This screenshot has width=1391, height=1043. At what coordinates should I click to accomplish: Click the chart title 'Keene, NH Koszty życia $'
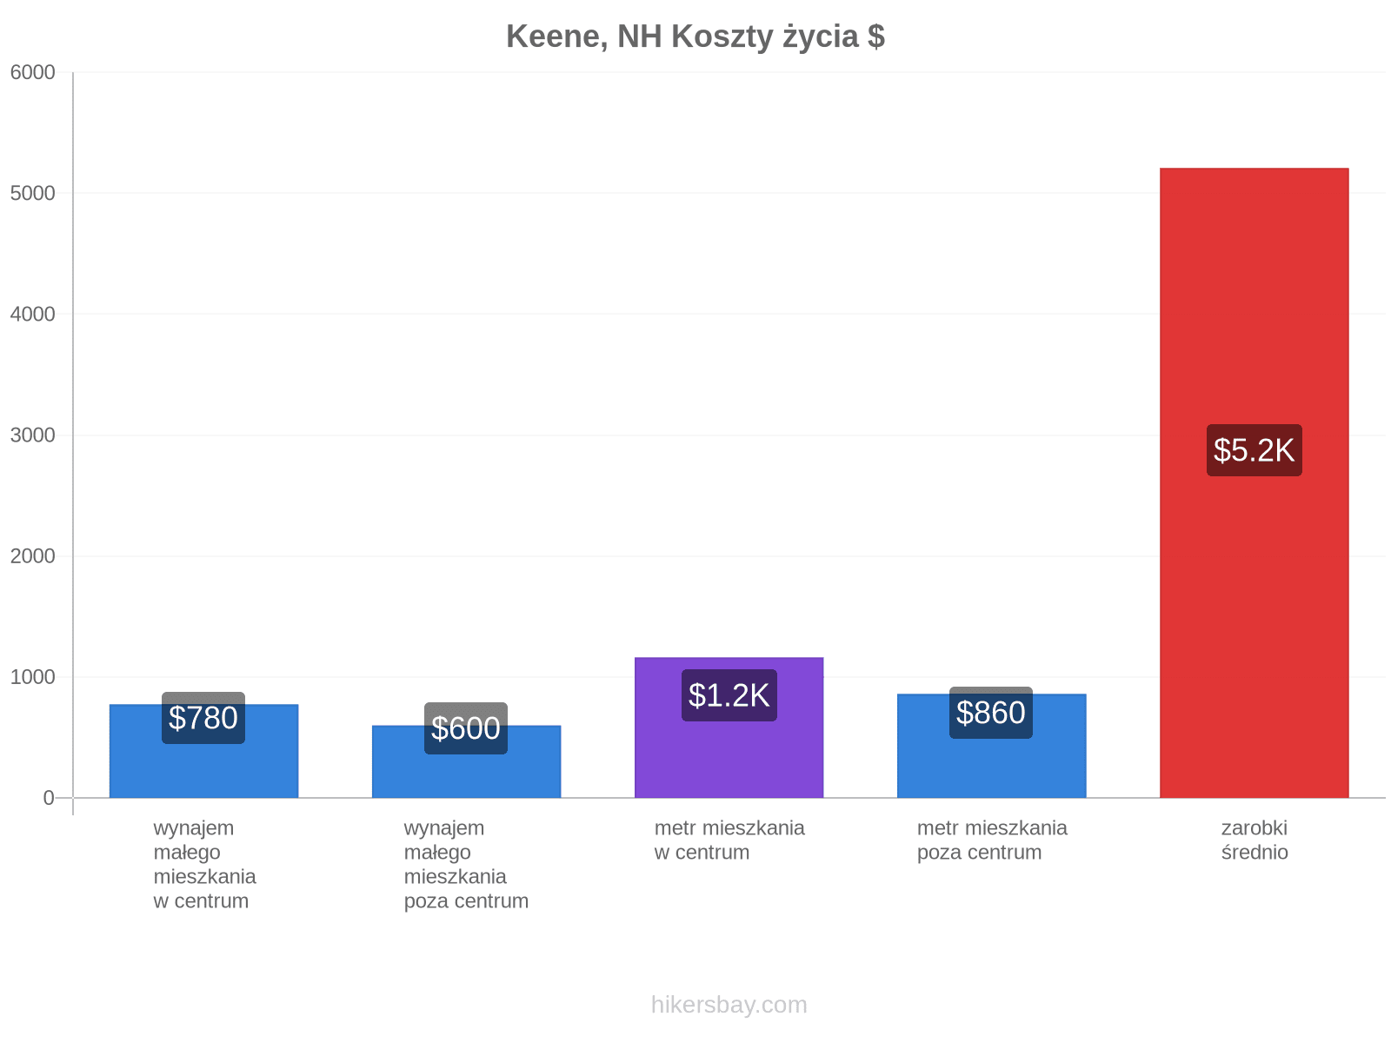pos(695,37)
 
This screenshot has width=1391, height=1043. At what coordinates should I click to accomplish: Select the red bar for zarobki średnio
pos(1254,482)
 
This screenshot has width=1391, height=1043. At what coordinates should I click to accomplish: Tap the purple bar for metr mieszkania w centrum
pos(729,727)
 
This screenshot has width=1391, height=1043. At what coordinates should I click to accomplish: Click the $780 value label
pos(203,718)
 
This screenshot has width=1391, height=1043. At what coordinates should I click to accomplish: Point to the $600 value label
pos(466,728)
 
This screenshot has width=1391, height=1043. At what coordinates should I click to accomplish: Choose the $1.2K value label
pos(729,695)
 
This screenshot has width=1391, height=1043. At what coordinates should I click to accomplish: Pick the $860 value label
pos(990,713)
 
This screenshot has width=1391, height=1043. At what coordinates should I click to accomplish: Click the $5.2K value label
pos(1254,450)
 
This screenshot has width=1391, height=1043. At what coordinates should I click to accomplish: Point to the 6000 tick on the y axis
pos(32,72)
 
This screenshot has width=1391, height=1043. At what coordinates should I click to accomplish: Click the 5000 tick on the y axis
pos(32,193)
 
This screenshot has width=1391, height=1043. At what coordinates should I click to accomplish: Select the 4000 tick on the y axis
pos(32,314)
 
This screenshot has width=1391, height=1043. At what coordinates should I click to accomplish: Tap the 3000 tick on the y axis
pos(32,435)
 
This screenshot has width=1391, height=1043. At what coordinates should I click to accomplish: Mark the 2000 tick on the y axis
pos(32,556)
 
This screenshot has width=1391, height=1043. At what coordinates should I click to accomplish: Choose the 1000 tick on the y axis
pos(32,677)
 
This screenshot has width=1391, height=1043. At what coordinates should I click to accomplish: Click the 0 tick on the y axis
pos(49,798)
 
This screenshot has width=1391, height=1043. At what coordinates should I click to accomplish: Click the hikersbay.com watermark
pos(729,1005)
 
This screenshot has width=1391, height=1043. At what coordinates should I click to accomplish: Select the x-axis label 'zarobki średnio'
pos(1255,840)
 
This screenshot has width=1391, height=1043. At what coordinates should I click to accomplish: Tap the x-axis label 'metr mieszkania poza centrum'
pos(992,840)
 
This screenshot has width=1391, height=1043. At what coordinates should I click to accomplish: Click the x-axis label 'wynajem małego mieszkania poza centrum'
pos(466,865)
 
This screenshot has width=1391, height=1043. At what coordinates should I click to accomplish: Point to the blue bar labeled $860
pos(991,746)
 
